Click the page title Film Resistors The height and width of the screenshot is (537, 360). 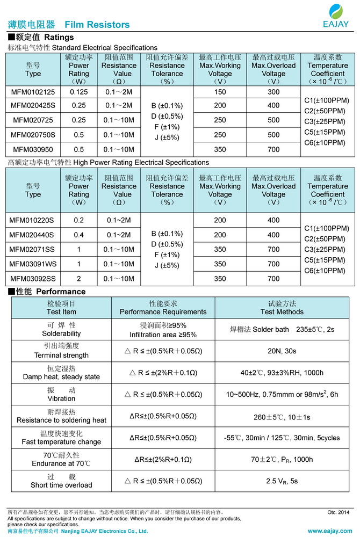point(97,25)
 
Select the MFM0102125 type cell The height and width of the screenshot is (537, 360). point(33,92)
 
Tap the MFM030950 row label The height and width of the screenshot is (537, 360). point(33,149)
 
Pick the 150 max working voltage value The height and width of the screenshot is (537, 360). point(220,92)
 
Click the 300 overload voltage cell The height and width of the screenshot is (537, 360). point(273,92)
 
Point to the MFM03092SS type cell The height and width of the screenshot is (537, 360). point(33,279)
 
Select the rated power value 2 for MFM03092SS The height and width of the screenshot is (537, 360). point(78,279)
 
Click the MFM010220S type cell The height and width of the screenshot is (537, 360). point(33,220)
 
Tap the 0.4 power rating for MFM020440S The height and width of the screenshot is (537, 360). point(78,235)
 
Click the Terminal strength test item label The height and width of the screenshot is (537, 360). point(61,351)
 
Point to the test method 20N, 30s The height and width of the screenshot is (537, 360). point(282,351)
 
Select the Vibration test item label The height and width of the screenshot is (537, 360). point(61,394)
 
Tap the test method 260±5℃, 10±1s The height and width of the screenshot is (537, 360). point(282,416)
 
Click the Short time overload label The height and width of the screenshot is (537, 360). point(61,481)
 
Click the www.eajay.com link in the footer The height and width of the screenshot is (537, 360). point(329,531)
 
